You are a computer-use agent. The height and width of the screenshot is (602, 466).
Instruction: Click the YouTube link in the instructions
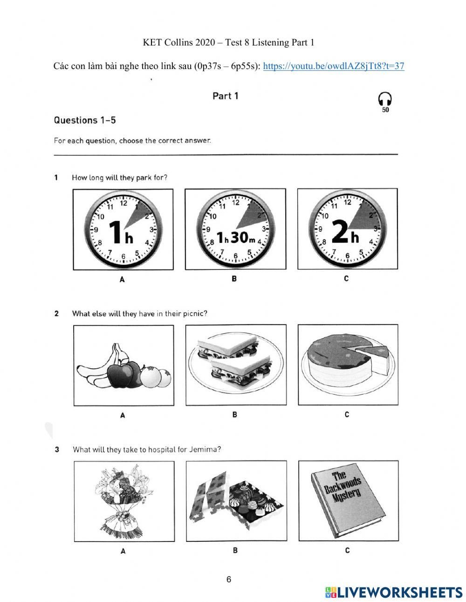coord(334,66)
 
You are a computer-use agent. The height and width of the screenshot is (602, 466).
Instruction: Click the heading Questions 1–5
coord(85,120)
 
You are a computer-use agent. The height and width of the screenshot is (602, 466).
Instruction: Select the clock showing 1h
coord(123,229)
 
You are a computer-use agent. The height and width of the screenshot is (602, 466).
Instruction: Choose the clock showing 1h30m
coord(235,229)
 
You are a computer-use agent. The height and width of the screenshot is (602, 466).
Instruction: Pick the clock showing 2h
coord(348,229)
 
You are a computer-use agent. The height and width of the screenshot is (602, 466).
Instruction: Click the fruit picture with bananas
coord(123,365)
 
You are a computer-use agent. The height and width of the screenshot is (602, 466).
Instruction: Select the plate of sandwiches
coord(235,365)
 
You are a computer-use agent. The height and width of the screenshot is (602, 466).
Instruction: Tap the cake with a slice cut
coord(348,365)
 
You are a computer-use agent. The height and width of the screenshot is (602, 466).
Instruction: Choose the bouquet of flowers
coord(124,501)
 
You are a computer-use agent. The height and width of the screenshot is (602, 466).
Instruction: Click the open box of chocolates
coord(236,501)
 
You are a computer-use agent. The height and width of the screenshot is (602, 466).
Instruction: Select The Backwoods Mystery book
coord(348,501)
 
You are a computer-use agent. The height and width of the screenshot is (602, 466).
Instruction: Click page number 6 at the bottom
coord(229,580)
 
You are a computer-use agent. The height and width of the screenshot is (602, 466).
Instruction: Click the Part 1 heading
coord(226,96)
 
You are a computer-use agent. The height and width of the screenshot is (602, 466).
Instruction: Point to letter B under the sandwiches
coord(235,415)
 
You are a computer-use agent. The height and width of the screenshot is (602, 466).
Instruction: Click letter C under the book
coord(347,551)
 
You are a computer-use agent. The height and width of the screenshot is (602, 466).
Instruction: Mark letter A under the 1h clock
coord(122,279)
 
